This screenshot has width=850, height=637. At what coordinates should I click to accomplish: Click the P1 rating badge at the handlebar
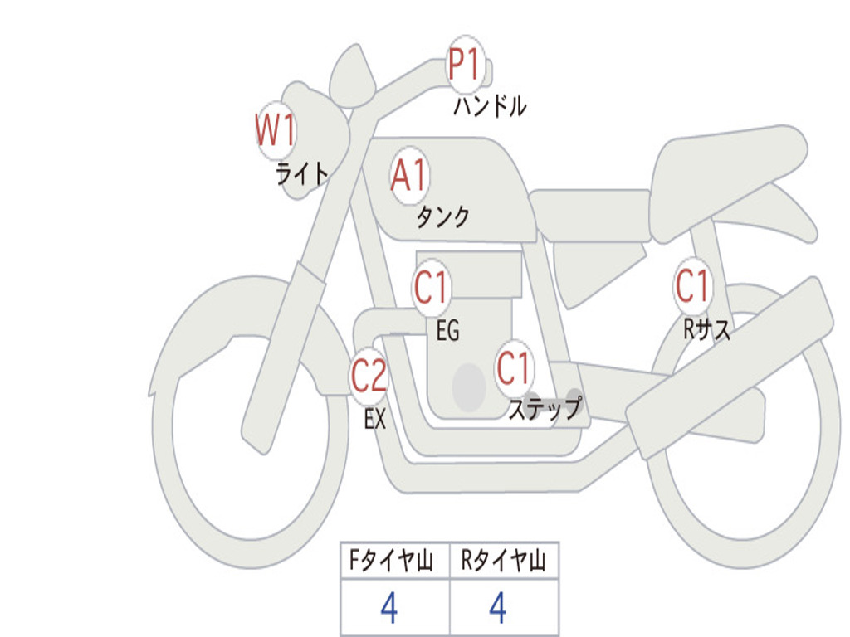[x=466, y=65]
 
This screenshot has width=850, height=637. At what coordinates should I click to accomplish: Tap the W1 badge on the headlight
[x=276, y=131]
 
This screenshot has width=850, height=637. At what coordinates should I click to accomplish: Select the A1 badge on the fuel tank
[x=409, y=175]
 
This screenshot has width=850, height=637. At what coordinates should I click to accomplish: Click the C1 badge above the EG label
[x=432, y=288]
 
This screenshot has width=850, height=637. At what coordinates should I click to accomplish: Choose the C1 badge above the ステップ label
[x=514, y=367]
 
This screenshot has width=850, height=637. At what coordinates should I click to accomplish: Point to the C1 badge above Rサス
[x=693, y=286]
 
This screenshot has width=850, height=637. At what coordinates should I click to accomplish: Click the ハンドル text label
[x=490, y=106]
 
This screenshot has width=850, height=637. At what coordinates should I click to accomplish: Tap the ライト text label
[x=302, y=173]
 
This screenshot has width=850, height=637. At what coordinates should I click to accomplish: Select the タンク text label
[x=442, y=216]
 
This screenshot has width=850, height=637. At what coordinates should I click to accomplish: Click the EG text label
[x=447, y=331]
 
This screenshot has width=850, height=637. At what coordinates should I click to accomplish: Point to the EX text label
[x=375, y=420]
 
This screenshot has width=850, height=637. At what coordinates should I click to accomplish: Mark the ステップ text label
[x=545, y=409]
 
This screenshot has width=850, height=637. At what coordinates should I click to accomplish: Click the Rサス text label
[x=706, y=330]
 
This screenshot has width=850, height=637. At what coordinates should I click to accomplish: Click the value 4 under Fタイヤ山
[x=388, y=608]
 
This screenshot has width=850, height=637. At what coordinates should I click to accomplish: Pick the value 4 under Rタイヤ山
[x=498, y=608]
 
